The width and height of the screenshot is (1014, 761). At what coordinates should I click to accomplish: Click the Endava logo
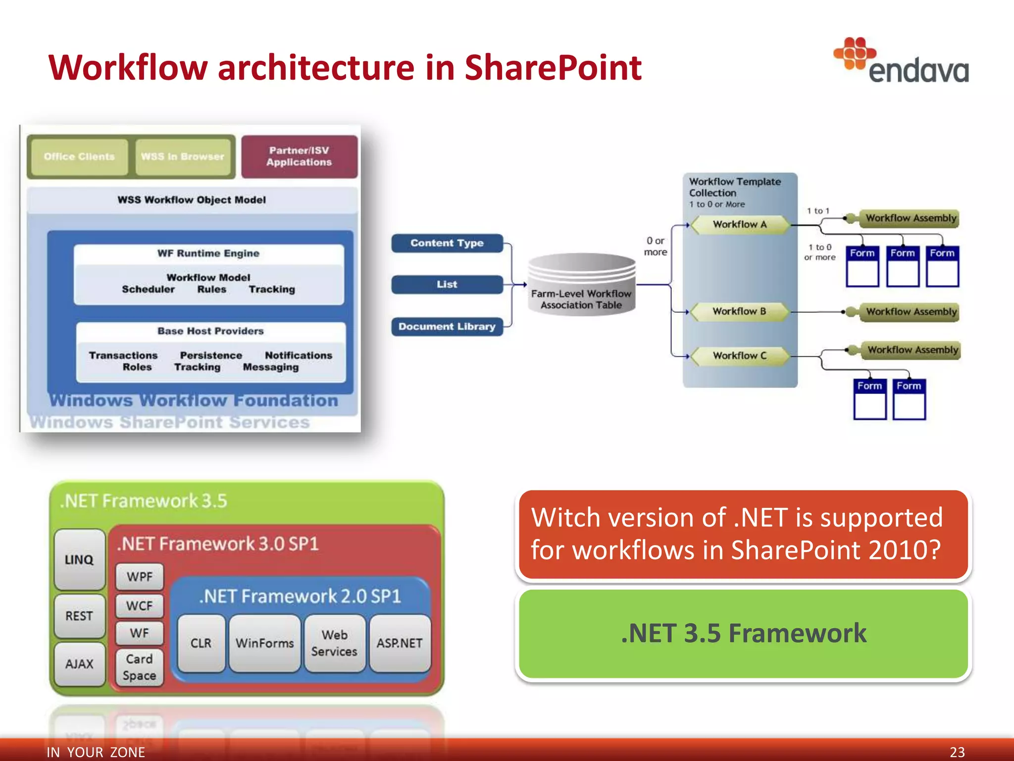(901, 61)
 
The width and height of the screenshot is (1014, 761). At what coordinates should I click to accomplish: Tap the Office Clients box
(79, 157)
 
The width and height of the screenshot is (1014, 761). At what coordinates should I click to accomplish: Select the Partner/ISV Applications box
(299, 157)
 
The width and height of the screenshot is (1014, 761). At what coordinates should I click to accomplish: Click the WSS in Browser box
(183, 157)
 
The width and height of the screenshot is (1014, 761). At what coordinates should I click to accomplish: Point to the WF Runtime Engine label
(208, 253)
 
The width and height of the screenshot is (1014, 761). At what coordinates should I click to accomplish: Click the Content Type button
(447, 243)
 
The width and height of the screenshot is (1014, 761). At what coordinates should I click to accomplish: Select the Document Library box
(447, 326)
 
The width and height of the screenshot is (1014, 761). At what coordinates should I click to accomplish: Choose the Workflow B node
(739, 312)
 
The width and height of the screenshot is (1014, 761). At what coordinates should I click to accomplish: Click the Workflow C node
(739, 356)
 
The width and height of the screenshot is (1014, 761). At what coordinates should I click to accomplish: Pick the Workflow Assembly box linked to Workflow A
(910, 218)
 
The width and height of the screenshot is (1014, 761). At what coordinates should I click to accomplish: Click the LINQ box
(79, 559)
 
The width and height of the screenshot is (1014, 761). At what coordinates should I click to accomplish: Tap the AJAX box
(79, 664)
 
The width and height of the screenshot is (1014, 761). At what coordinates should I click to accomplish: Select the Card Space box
(140, 667)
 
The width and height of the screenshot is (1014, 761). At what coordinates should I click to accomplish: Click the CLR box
(201, 643)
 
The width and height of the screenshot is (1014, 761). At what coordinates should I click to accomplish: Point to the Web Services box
(334, 643)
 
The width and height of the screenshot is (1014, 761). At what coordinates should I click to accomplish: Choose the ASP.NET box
(400, 643)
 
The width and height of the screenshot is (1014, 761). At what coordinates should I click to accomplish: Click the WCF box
(140, 605)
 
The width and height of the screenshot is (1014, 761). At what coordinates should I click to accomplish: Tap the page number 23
(957, 752)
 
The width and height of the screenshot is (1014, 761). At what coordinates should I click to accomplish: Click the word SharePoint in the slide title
(553, 68)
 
